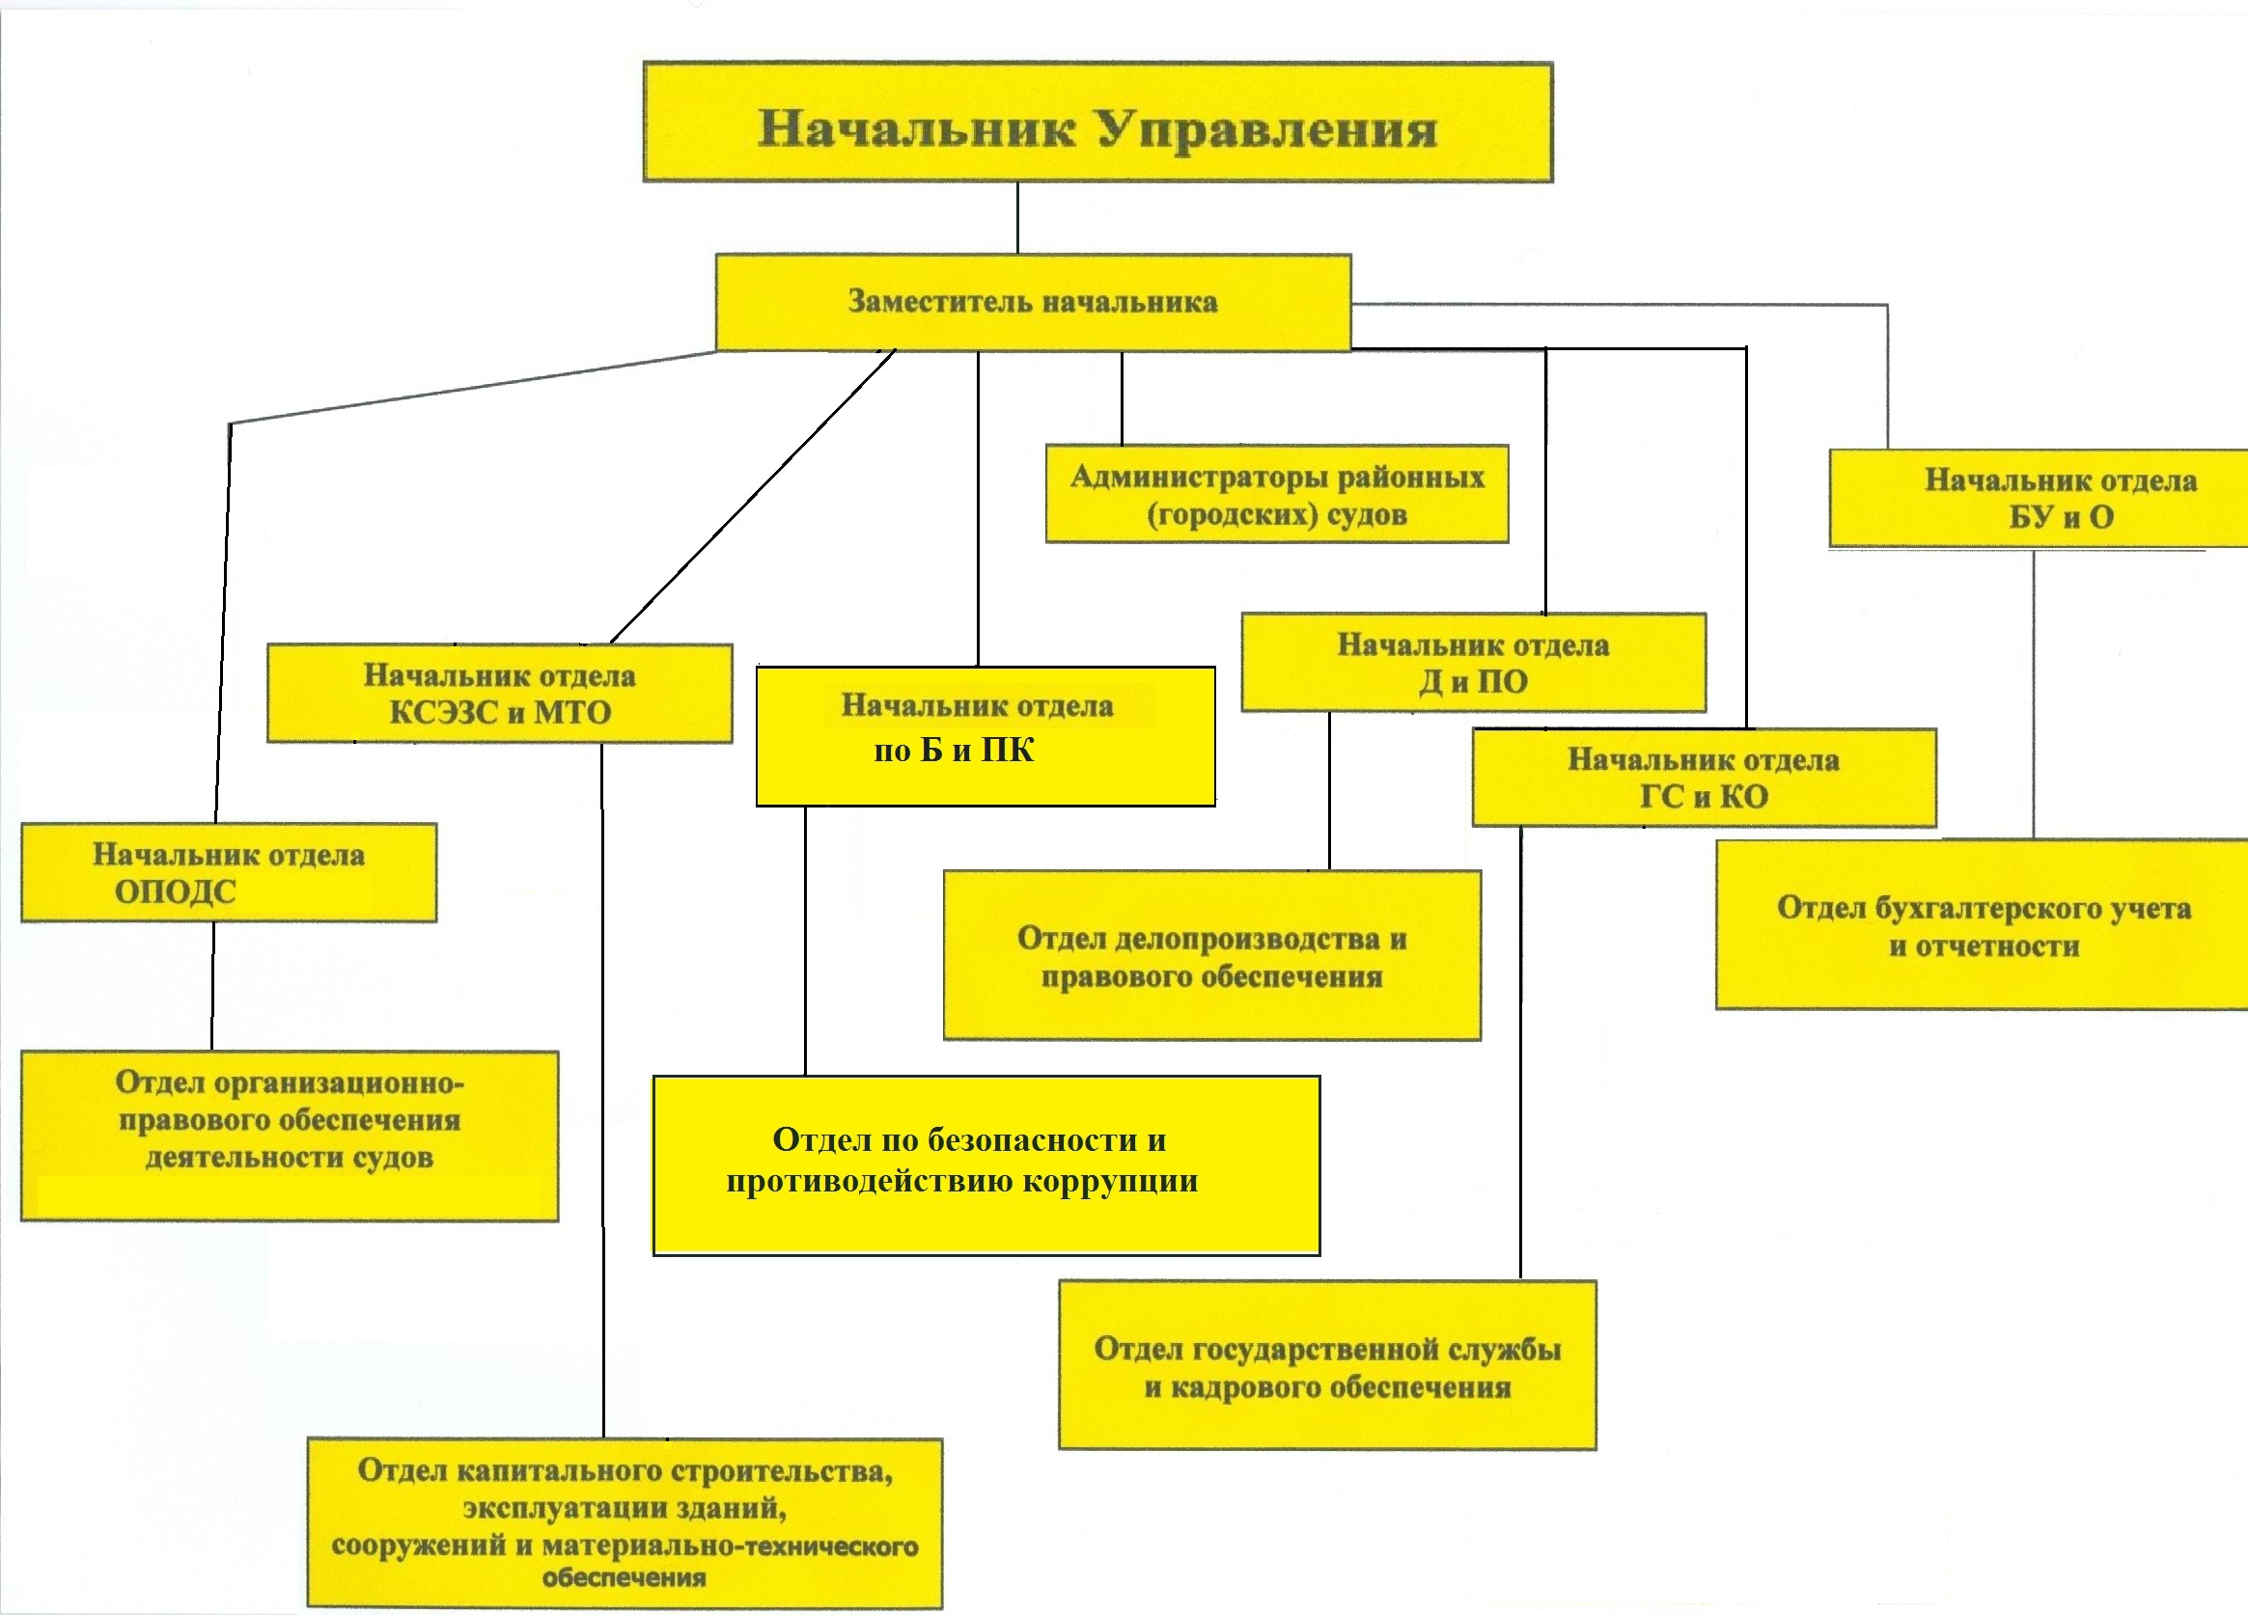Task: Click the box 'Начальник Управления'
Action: (1097, 122)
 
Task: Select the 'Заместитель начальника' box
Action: (1033, 302)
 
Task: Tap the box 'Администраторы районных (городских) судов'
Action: (1277, 494)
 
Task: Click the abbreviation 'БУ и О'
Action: (2062, 517)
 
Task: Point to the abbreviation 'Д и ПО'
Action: (1473, 682)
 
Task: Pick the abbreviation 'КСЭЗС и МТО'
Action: (500, 712)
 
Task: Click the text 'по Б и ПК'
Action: (954, 750)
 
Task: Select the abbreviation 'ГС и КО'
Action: (1704, 797)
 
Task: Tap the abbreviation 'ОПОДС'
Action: (176, 891)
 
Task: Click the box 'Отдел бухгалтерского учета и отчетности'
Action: (1983, 925)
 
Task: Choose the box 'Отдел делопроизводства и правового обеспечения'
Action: (1211, 956)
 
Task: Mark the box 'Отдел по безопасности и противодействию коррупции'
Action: (985, 1165)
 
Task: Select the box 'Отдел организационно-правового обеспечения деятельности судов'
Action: (289, 1136)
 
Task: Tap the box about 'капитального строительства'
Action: (624, 1522)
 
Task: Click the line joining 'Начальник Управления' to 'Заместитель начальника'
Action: (1018, 218)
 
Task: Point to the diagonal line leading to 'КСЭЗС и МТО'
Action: (753, 495)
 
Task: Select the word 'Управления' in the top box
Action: (1265, 129)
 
